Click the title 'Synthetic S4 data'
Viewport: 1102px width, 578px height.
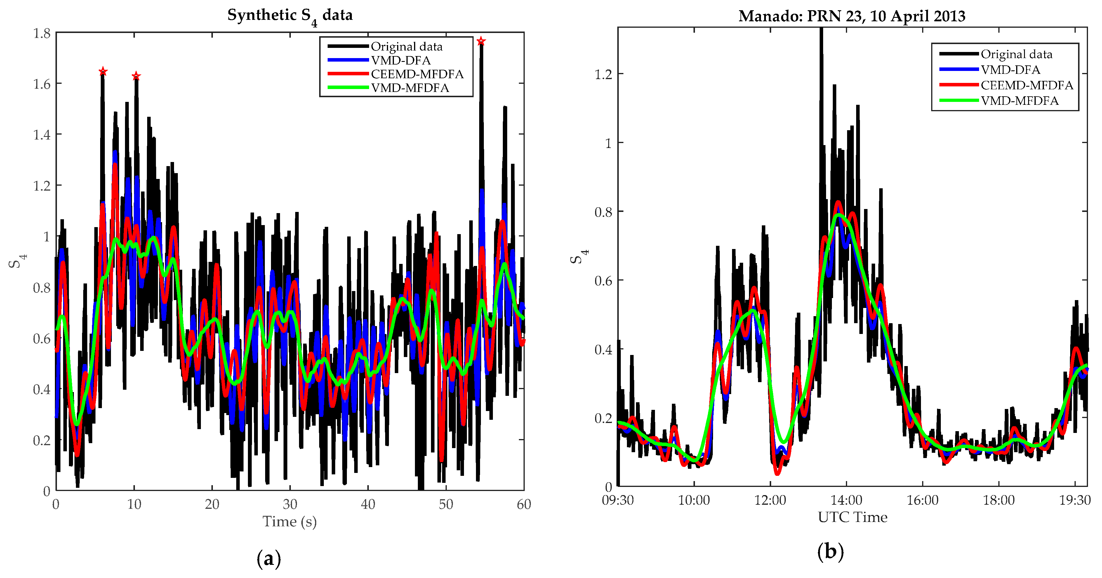point(290,16)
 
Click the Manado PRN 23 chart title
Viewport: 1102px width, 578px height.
point(852,16)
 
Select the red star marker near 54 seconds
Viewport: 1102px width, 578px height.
point(481,41)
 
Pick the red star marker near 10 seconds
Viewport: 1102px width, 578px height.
point(136,76)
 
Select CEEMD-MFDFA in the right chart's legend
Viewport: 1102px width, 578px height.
point(1027,85)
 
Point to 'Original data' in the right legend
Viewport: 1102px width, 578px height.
point(1016,54)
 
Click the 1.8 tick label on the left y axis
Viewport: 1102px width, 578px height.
point(42,33)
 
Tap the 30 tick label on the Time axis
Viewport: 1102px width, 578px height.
point(290,504)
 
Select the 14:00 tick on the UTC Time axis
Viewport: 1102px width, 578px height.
point(846,500)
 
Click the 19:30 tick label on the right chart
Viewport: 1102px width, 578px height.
point(1075,500)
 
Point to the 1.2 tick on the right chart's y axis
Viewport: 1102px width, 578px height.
point(603,74)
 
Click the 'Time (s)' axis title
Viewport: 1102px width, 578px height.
point(290,522)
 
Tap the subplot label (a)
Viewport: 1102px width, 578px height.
point(269,559)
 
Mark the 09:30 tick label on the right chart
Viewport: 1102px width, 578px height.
point(618,500)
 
